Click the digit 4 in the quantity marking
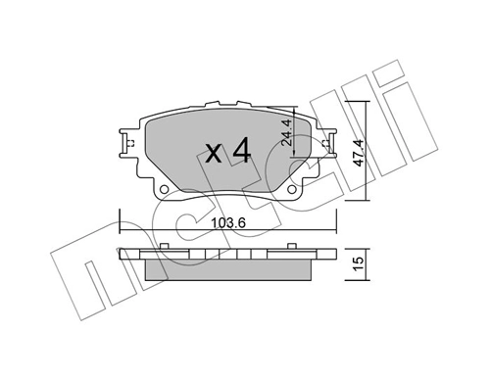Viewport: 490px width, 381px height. [x=244, y=151]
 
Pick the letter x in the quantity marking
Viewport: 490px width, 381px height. [x=215, y=154]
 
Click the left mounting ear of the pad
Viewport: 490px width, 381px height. [x=126, y=143]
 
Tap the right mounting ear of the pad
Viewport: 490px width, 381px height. [x=321, y=143]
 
